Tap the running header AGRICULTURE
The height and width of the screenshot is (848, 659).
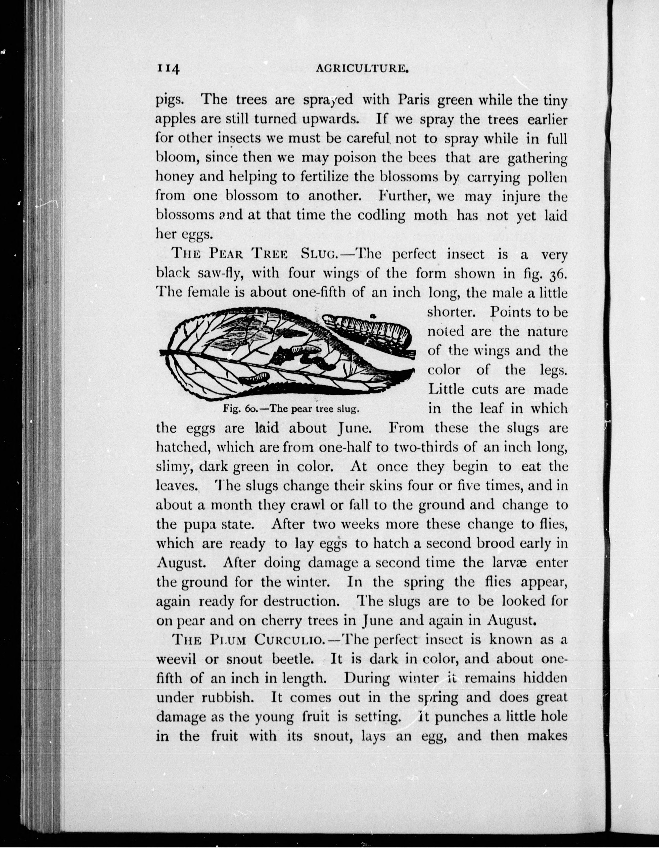click(363, 69)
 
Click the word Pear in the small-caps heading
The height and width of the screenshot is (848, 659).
click(226, 254)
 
